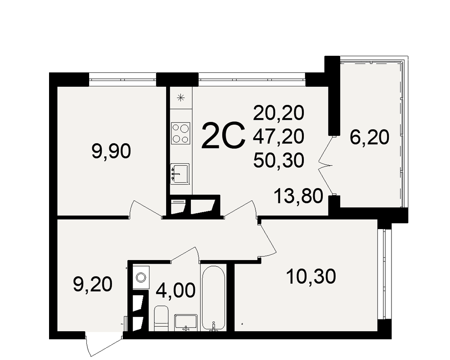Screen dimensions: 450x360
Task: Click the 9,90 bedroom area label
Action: [x=111, y=151]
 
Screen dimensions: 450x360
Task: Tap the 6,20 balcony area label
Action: [x=369, y=137]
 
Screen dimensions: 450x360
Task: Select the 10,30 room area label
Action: [x=311, y=277]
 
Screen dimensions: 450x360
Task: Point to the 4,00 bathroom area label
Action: [x=175, y=290]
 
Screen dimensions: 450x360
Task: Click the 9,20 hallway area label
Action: [x=93, y=285]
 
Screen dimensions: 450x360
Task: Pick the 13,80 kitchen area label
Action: [x=298, y=196]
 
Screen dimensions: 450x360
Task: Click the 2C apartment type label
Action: [x=224, y=135]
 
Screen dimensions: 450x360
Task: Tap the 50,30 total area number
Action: [x=279, y=160]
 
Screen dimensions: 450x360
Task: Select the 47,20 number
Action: [x=279, y=136]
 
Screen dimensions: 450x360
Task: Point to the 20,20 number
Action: [x=279, y=113]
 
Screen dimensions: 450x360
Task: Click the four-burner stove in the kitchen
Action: [x=180, y=134]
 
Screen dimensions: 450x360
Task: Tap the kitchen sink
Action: [x=180, y=173]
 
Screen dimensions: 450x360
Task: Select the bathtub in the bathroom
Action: [x=213, y=298]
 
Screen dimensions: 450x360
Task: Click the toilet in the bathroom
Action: [x=161, y=318]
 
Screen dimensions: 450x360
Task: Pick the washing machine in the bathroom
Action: [x=141, y=277]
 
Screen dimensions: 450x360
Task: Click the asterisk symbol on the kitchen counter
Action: [x=180, y=98]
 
